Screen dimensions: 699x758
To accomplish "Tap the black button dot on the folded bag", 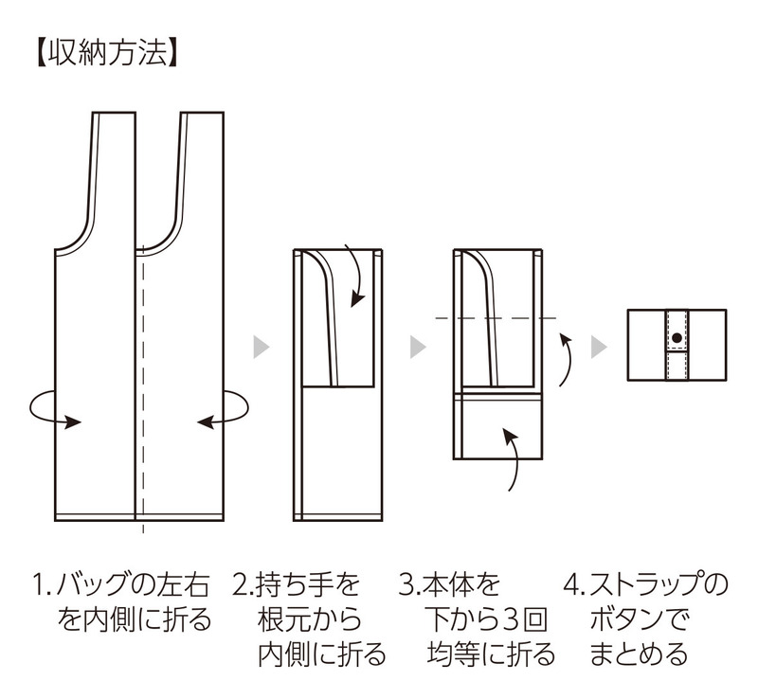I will (676, 338).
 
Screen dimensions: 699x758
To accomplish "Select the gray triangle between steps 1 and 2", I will (261, 347).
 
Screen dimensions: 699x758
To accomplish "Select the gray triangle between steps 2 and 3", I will (417, 347).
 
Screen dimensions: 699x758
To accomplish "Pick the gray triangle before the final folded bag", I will (599, 347).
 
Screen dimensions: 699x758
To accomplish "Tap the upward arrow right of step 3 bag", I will (566, 360).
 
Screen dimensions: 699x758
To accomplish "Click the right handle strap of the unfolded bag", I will (201, 170).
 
